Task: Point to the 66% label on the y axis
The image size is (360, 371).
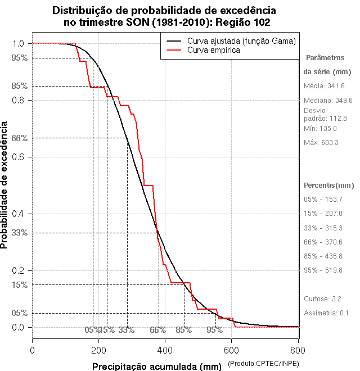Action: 19,138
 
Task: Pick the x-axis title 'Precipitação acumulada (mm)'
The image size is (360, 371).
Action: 157,367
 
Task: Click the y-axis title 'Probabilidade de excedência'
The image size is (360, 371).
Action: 5,185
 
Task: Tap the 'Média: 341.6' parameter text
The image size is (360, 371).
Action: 324,86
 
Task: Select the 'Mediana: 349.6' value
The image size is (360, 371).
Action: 328,100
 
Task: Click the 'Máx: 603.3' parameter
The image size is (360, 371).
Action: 321,143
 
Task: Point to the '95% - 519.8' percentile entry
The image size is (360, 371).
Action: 323,270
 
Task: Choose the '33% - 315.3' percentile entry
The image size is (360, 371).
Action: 323,228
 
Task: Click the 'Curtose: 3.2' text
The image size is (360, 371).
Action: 323,298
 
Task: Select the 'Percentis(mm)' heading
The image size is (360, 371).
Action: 329,185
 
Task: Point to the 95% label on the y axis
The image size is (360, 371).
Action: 19,58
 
